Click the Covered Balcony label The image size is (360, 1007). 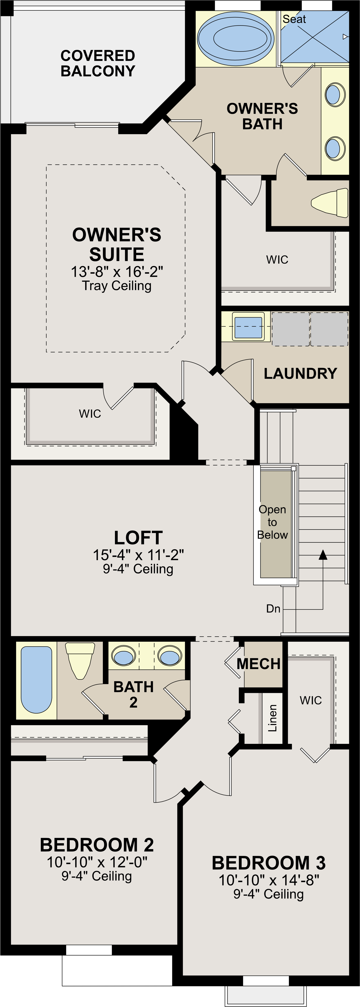pyautogui.click(x=98, y=63)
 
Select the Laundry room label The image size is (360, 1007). pyautogui.click(x=300, y=373)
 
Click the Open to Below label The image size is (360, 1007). pyautogui.click(x=272, y=522)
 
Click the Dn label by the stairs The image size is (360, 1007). pyautogui.click(x=273, y=609)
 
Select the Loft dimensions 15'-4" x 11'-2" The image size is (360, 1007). pyautogui.click(x=138, y=555)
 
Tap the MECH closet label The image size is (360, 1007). pyautogui.click(x=258, y=664)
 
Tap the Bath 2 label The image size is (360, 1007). pyautogui.click(x=133, y=694)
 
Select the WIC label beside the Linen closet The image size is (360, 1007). pyautogui.click(x=311, y=700)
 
